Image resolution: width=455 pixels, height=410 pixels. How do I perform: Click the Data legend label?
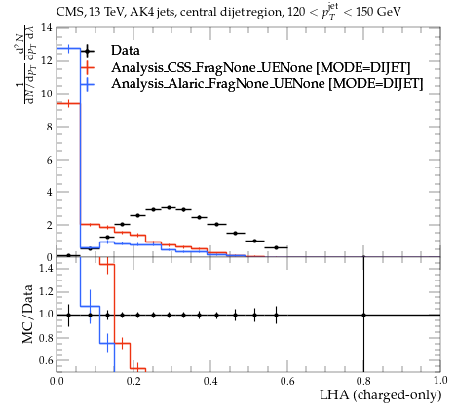(126, 51)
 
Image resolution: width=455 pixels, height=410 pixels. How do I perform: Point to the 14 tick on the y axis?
(47, 28)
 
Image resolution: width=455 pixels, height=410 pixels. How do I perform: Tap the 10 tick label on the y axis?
(47, 94)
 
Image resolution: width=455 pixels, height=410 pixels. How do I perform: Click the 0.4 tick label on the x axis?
(210, 381)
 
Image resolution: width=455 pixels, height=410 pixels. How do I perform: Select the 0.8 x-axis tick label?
(363, 381)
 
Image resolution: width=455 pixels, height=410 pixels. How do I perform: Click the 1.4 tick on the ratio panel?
(46, 268)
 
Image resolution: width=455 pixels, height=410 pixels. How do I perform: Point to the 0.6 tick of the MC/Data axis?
(46, 360)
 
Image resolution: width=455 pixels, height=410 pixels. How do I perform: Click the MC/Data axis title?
(28, 314)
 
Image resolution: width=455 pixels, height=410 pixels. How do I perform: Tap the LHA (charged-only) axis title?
(381, 395)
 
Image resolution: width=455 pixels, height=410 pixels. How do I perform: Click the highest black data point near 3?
(169, 207)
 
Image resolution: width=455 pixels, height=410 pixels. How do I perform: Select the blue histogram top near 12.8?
(68, 49)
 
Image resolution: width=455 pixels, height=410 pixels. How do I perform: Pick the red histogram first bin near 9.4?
(68, 104)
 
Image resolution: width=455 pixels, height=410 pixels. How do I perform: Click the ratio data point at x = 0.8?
(363, 315)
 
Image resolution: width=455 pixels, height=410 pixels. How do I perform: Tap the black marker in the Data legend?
(87, 51)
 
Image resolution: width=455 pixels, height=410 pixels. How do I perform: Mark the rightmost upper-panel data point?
(277, 247)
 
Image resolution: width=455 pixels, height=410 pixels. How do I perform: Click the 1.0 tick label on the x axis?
(440, 381)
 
